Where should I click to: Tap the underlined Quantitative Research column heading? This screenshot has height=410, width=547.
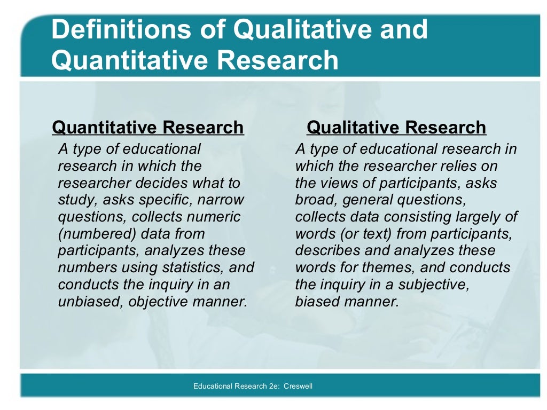pyautogui.click(x=148, y=128)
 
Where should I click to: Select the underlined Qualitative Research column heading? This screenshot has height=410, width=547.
pyautogui.click(x=396, y=128)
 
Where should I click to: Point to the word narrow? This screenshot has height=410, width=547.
pyautogui.click(x=221, y=200)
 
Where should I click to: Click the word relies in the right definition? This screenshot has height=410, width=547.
pyautogui.click(x=441, y=166)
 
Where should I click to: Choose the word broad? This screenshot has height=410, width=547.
pyautogui.click(x=316, y=200)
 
